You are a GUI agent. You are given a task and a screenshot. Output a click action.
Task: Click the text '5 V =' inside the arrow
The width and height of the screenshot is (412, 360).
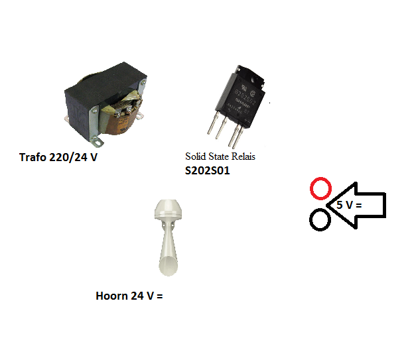(x=349, y=205)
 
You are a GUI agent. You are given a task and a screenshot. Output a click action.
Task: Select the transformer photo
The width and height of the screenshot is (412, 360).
(x=105, y=103)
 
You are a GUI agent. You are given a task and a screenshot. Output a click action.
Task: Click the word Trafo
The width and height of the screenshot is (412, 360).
(x=33, y=157)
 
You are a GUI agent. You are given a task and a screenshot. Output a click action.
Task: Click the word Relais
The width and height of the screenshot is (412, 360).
(x=243, y=156)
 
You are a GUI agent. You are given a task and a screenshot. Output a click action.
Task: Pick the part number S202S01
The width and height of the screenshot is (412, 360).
(x=207, y=170)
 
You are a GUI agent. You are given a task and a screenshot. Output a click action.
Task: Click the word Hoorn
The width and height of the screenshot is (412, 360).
(x=111, y=296)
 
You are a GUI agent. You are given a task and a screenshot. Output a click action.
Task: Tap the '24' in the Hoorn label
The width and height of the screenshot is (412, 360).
(x=137, y=296)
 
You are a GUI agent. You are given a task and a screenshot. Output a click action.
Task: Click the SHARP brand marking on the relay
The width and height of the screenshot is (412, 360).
(x=242, y=103)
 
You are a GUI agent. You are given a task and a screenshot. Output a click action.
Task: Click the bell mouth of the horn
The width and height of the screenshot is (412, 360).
(x=168, y=267)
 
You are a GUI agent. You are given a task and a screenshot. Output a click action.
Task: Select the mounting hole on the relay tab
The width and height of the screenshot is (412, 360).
(x=255, y=79)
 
